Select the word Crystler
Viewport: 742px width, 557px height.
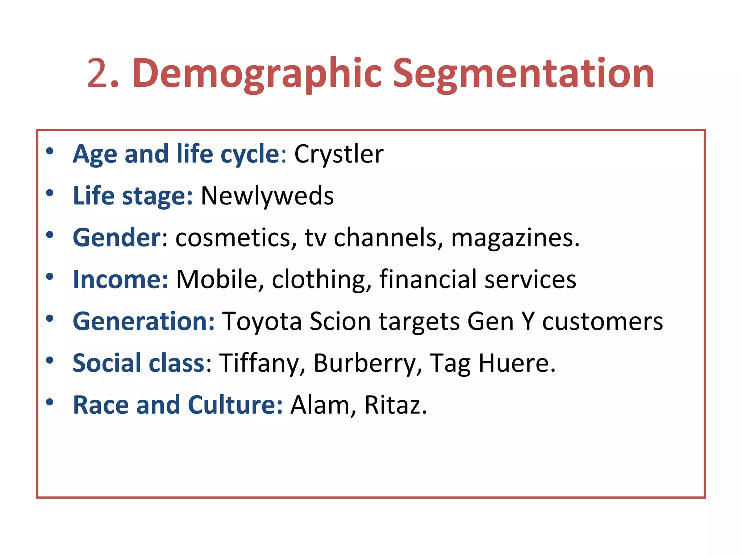[x=338, y=154]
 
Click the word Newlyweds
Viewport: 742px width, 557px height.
[x=267, y=196]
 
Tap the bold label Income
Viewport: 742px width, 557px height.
[x=120, y=280]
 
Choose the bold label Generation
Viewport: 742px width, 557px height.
[x=144, y=321]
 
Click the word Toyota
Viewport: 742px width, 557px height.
[x=262, y=322]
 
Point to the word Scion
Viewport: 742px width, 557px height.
[x=340, y=321]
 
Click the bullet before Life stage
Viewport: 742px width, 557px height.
[x=50, y=193]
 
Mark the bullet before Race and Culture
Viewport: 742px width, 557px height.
[x=50, y=402]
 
